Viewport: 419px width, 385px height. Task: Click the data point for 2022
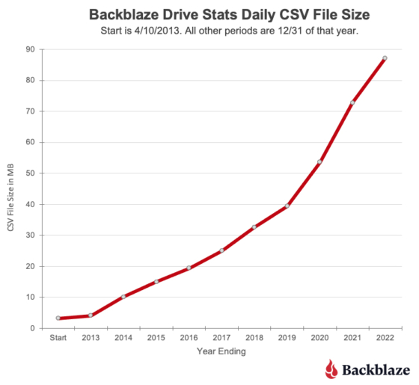384,58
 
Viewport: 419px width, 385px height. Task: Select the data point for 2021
352,102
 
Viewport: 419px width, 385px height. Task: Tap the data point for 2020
319,161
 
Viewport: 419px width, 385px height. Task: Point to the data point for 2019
287,206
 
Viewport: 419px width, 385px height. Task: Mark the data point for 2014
123,297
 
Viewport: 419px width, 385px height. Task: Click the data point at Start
58,318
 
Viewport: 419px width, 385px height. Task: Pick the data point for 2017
221,250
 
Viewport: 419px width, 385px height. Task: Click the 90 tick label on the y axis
31,49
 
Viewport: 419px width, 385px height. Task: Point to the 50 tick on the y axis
31,173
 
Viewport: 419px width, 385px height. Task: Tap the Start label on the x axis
58,338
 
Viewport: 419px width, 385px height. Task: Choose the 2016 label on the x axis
189,338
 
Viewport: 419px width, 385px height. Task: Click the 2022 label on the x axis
384,338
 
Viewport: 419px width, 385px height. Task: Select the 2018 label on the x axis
254,338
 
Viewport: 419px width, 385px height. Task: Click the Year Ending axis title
221,351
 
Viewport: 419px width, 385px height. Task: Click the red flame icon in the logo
331,368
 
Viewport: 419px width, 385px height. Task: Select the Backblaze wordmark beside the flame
376,369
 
